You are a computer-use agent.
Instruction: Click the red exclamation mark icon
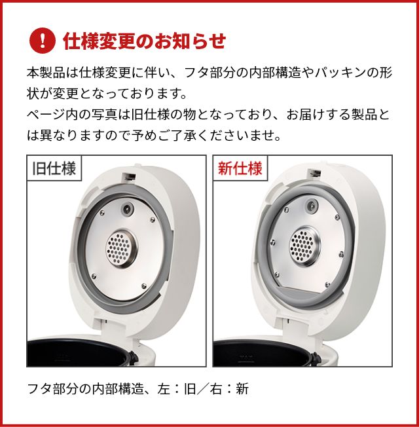[x=43, y=41]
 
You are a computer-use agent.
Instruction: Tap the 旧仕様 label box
[x=54, y=168]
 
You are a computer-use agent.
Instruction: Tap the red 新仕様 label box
[x=240, y=168]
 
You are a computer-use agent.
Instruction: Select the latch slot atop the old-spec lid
[x=130, y=177]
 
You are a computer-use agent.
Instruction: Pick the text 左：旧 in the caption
[x=178, y=388]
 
